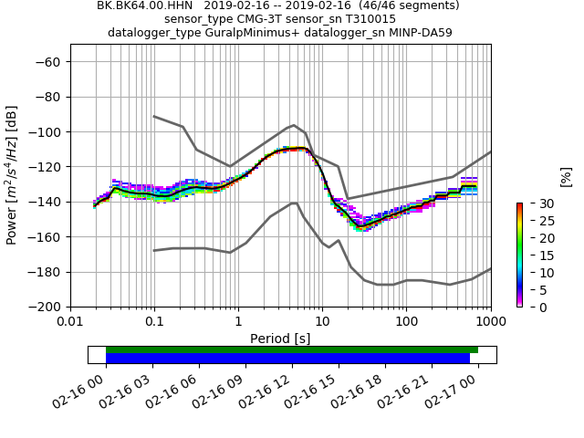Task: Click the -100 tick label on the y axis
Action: pyautogui.click(x=47, y=131)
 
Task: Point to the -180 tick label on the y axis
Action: pyautogui.click(x=47, y=272)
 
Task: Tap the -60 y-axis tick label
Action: pyautogui.click(x=47, y=61)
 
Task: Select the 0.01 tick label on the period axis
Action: pyautogui.click(x=70, y=322)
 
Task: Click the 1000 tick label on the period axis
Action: pyautogui.click(x=490, y=322)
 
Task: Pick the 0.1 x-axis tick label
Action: pyautogui.click(x=154, y=322)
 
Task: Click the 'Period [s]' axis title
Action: pyautogui.click(x=280, y=339)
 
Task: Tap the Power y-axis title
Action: pyautogui.click(x=13, y=183)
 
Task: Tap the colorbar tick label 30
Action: pyautogui.click(x=536, y=203)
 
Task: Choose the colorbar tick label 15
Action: pyautogui.click(x=536, y=255)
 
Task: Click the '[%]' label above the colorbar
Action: pyautogui.click(x=566, y=176)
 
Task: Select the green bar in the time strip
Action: pyautogui.click(x=292, y=349)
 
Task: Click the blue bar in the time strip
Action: pyautogui.click(x=287, y=359)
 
